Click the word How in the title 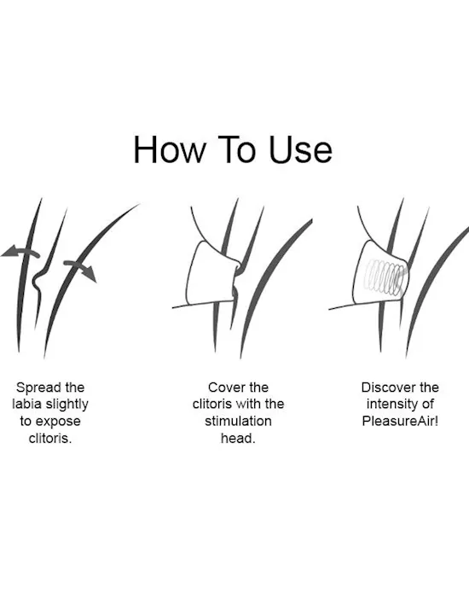(170, 150)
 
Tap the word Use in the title (300, 150)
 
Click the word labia (26, 404)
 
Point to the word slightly (67, 405)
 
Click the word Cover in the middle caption (223, 388)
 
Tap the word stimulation (238, 421)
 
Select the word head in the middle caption (237, 438)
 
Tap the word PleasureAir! (400, 421)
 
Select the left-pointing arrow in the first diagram (20, 252)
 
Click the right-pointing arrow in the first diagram (80, 270)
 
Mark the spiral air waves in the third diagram (385, 277)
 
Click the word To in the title (237, 150)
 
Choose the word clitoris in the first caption (50, 439)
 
